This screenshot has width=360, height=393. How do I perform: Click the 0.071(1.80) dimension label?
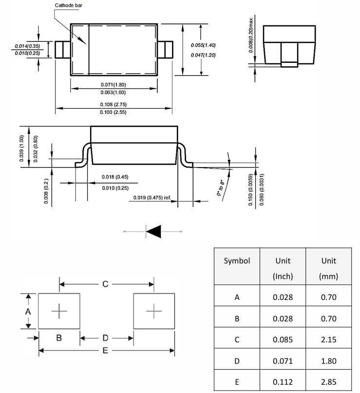(114, 84)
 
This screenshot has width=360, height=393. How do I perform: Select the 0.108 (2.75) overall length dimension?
(114, 104)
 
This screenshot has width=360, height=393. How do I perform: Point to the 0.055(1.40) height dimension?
(203, 45)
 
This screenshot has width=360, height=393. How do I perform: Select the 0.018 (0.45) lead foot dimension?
(115, 177)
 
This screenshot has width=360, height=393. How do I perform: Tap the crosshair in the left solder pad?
(59, 311)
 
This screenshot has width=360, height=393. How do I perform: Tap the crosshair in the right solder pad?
(154, 311)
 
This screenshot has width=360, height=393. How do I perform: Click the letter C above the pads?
(105, 284)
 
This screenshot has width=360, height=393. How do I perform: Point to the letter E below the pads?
(105, 351)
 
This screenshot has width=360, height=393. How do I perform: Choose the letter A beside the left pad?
(28, 311)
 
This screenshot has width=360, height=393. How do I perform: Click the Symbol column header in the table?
(237, 261)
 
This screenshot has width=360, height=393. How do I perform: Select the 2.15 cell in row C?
(328, 339)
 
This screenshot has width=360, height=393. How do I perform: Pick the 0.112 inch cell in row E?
(283, 382)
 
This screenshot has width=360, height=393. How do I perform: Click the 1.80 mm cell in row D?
(328, 361)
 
